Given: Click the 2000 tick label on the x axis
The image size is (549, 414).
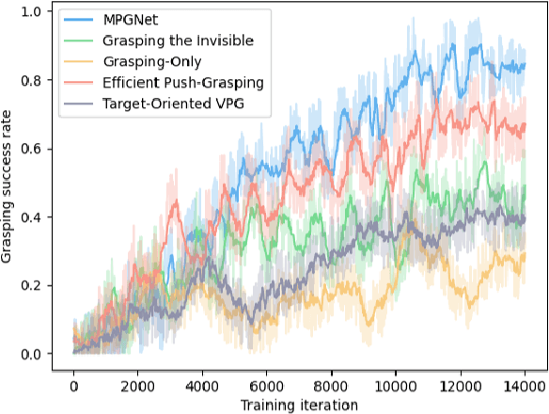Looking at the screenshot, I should (137, 385).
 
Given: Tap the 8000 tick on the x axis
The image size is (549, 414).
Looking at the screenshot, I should (331, 385).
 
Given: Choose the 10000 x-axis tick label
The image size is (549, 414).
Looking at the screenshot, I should (395, 385).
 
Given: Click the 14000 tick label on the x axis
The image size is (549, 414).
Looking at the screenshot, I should (524, 385).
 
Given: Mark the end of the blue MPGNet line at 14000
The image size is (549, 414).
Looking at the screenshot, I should (524, 66).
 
